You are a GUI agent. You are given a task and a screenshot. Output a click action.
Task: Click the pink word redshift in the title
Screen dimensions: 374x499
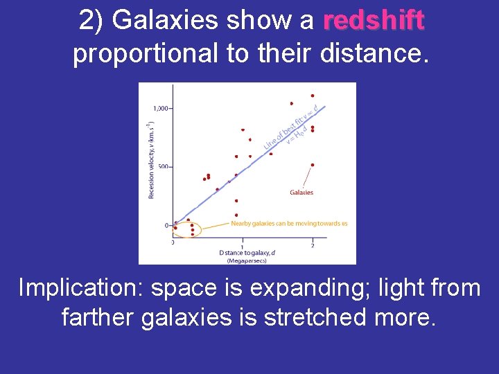[374, 21]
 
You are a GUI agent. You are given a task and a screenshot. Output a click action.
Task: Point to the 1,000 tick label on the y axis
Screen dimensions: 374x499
[161, 108]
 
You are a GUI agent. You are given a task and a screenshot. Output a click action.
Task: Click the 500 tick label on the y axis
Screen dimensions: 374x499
[163, 167]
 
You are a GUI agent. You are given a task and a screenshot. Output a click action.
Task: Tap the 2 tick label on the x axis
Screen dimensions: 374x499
[313, 246]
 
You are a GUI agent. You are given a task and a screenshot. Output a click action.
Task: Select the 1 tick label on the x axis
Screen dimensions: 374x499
[242, 246]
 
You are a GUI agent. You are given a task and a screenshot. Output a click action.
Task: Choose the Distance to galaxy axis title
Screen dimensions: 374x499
[246, 253]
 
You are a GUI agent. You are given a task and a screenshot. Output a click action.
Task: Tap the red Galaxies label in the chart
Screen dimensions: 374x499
[301, 193]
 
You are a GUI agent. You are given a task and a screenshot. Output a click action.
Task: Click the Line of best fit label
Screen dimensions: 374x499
[284, 128]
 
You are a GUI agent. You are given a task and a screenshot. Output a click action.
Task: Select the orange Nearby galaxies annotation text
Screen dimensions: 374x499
[289, 223]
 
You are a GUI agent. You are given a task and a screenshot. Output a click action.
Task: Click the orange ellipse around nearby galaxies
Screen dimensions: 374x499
[186, 229]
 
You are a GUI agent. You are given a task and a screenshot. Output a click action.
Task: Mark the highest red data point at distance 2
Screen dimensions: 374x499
[313, 96]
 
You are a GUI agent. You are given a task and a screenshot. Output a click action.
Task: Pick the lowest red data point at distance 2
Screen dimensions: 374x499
[313, 165]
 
